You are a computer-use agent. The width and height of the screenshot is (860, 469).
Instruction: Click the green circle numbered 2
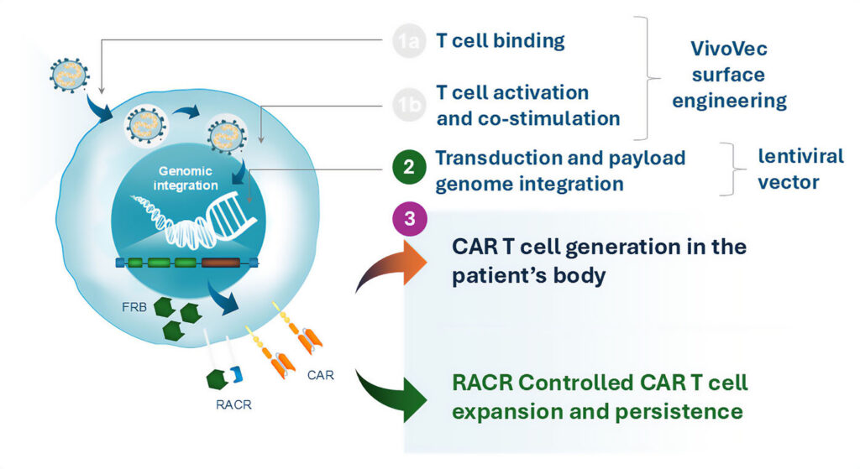click(x=408, y=167)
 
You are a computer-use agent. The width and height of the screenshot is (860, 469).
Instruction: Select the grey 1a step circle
click(x=408, y=40)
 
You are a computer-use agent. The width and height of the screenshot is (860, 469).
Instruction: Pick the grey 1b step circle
click(x=408, y=105)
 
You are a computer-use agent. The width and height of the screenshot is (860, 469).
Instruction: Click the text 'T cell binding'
click(x=501, y=40)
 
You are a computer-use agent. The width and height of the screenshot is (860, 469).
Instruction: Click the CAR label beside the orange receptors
click(x=321, y=375)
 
